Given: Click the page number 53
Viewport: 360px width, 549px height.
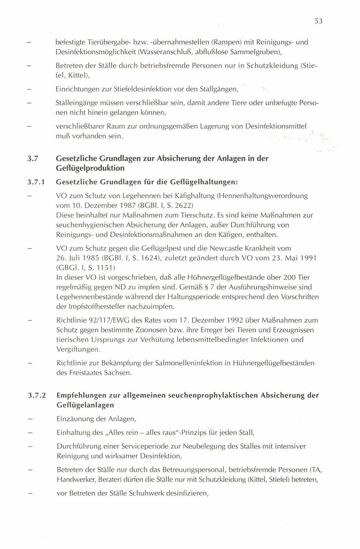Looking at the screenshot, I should coord(318,21).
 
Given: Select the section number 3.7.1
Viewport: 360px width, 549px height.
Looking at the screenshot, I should coord(36,182).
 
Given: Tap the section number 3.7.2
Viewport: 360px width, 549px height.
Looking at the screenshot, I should coord(36,395).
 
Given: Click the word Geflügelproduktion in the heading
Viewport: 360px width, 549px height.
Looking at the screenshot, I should coord(90,168).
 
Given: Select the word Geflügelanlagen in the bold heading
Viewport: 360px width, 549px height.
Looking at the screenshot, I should coord(85,405).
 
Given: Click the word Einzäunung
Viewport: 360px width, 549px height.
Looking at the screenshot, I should coord(75,419).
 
